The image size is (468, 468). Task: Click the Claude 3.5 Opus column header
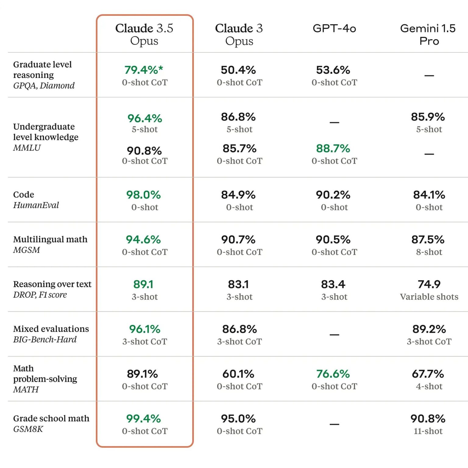[144, 34]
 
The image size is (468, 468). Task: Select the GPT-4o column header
[334, 28]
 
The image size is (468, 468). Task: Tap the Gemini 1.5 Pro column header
[428, 34]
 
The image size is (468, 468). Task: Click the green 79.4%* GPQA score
[144, 70]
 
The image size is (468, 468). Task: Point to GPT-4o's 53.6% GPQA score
[333, 70]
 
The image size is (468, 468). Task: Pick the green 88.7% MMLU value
[333, 149]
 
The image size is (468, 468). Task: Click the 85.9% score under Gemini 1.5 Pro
[428, 117]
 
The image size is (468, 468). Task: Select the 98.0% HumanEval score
[144, 195]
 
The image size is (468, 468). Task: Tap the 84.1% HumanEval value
[429, 195]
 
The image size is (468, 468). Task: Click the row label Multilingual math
[50, 239]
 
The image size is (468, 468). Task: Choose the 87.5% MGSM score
[428, 240]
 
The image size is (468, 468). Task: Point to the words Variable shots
[429, 297]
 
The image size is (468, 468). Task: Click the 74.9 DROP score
[429, 284]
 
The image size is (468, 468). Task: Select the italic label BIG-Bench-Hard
[45, 339]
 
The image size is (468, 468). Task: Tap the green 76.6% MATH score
[333, 374]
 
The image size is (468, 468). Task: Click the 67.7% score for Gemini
[428, 374]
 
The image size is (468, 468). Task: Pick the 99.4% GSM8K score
[144, 419]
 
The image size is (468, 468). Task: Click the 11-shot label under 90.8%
[428, 431]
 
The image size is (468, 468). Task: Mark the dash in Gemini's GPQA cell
[429, 75]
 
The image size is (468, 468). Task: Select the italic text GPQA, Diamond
[44, 86]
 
